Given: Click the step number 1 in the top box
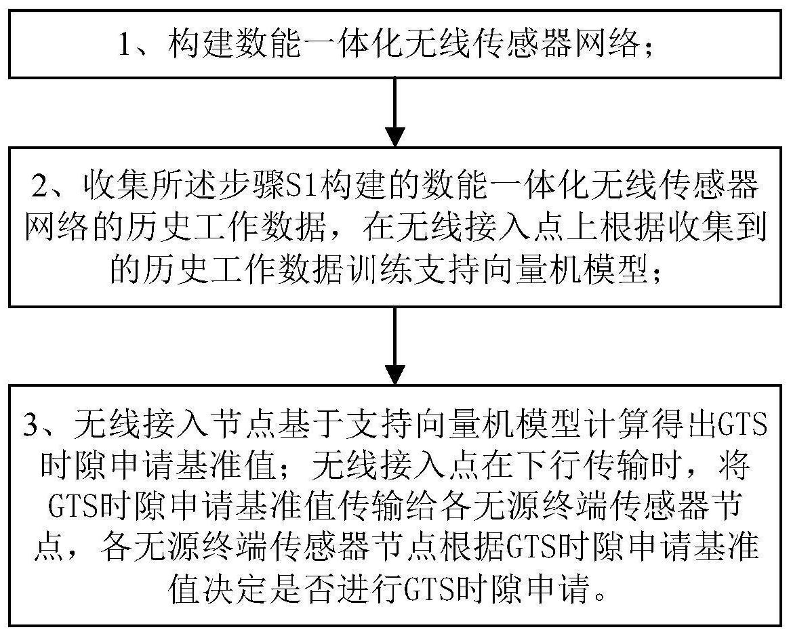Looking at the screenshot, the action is [x=125, y=44].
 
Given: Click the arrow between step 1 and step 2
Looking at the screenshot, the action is [x=395, y=112].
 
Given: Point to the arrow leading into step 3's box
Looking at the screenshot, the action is [x=395, y=346].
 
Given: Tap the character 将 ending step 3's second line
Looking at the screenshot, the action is [x=734, y=467].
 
